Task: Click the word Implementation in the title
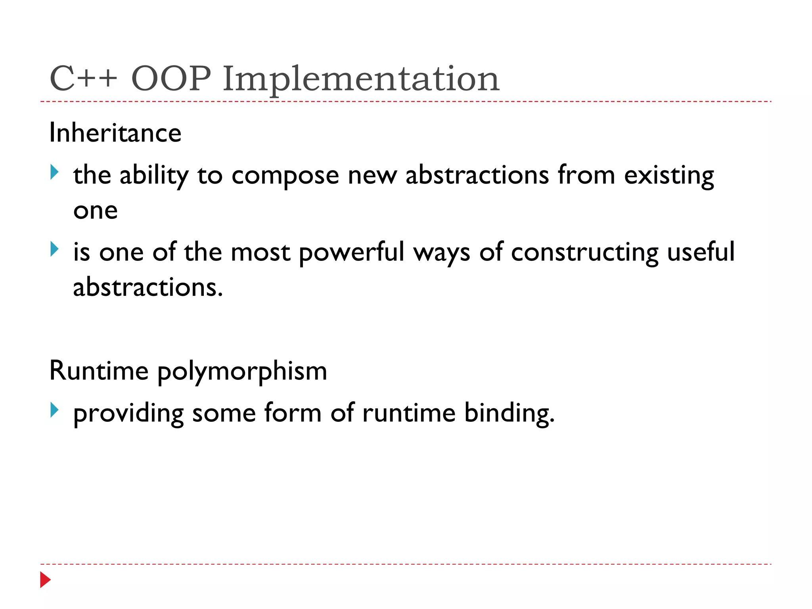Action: [361, 79]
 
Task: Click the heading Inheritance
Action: [115, 133]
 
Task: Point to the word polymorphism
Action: [242, 372]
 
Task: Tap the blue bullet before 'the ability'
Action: [55, 172]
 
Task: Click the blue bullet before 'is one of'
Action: [55, 249]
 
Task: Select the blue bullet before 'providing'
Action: [55, 410]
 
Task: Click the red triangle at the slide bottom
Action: [45, 580]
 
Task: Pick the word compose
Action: [285, 176]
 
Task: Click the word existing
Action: [669, 176]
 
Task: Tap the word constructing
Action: [584, 253]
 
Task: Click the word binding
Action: [509, 414]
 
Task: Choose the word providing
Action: [128, 414]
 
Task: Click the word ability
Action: [154, 176]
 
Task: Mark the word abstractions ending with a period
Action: [148, 287]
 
